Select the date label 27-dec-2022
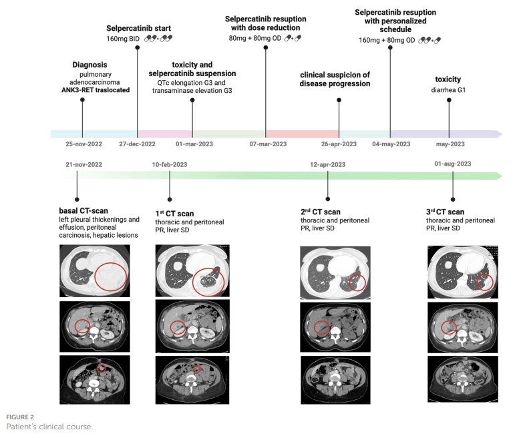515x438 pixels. point(138,144)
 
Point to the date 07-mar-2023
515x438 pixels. point(268,144)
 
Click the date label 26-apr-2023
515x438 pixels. point(339,144)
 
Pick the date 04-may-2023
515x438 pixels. point(391,144)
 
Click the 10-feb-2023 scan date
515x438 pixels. point(170,164)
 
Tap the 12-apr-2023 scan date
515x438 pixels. point(328,164)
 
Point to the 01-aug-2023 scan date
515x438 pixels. point(454,164)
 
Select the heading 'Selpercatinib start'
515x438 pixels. point(139,29)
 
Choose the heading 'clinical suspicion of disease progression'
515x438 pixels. point(335,79)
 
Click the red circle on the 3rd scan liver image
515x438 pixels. point(449,326)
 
